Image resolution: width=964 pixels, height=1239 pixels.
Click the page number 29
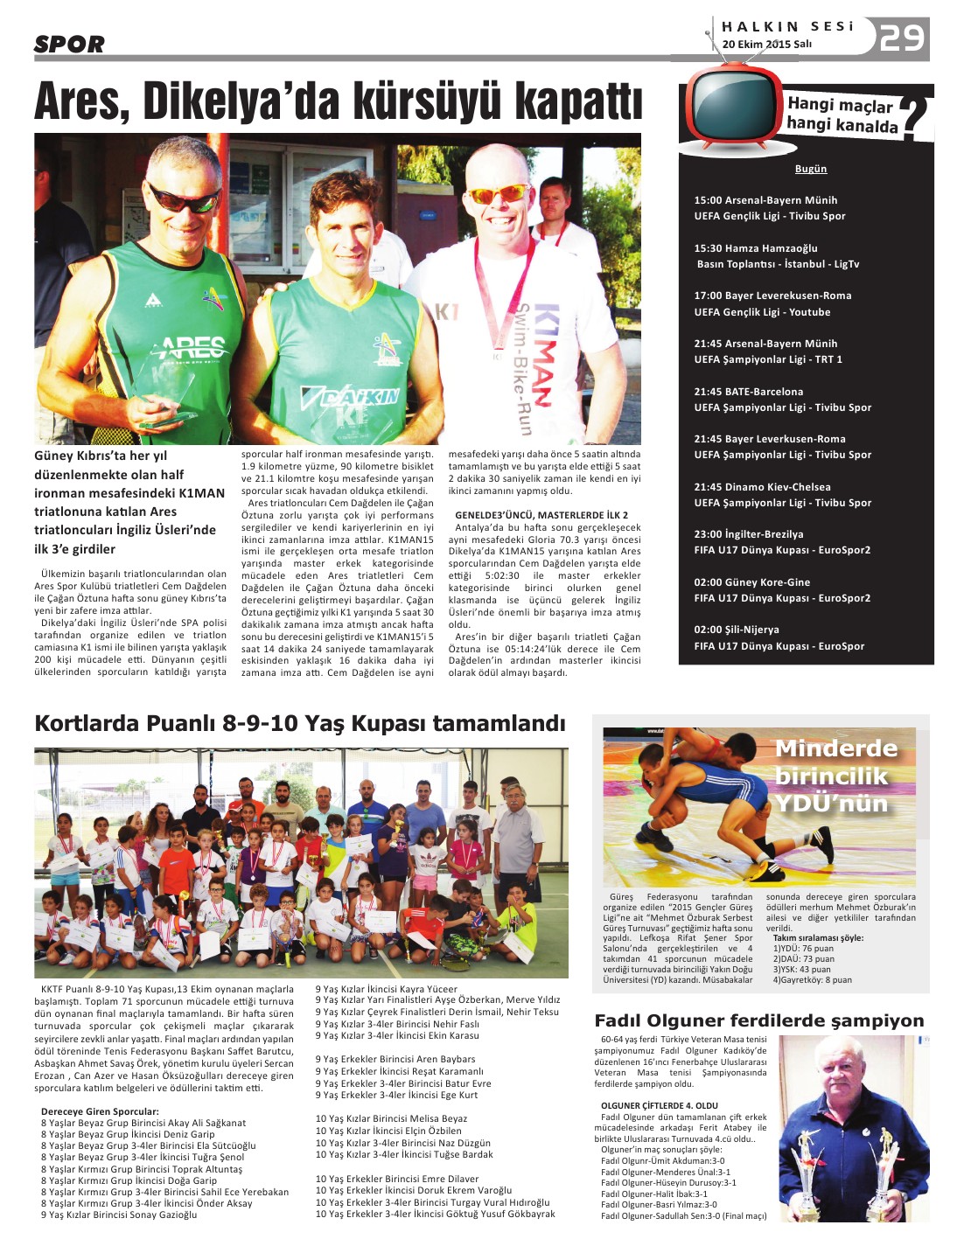coord(902,38)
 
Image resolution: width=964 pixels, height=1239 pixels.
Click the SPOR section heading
coord(69,44)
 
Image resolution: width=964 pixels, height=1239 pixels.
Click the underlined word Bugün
coord(810,169)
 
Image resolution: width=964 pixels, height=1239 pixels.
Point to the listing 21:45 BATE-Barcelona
coord(748,392)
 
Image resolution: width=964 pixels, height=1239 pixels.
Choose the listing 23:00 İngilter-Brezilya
coord(748,534)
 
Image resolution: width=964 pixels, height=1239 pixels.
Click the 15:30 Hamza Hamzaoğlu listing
coord(756,248)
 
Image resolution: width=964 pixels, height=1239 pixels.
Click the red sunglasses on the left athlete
coord(183,199)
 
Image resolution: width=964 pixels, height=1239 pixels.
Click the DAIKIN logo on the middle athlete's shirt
coord(351,398)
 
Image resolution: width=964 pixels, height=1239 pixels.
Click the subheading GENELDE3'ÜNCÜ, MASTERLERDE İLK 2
coord(541,515)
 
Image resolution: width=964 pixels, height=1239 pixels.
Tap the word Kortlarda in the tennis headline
coord(87,723)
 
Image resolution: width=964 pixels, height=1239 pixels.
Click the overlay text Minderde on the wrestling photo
coord(835,748)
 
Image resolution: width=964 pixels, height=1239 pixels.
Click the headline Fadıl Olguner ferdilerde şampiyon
coord(758,1020)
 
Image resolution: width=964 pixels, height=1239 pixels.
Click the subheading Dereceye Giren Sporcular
coord(100,1111)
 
